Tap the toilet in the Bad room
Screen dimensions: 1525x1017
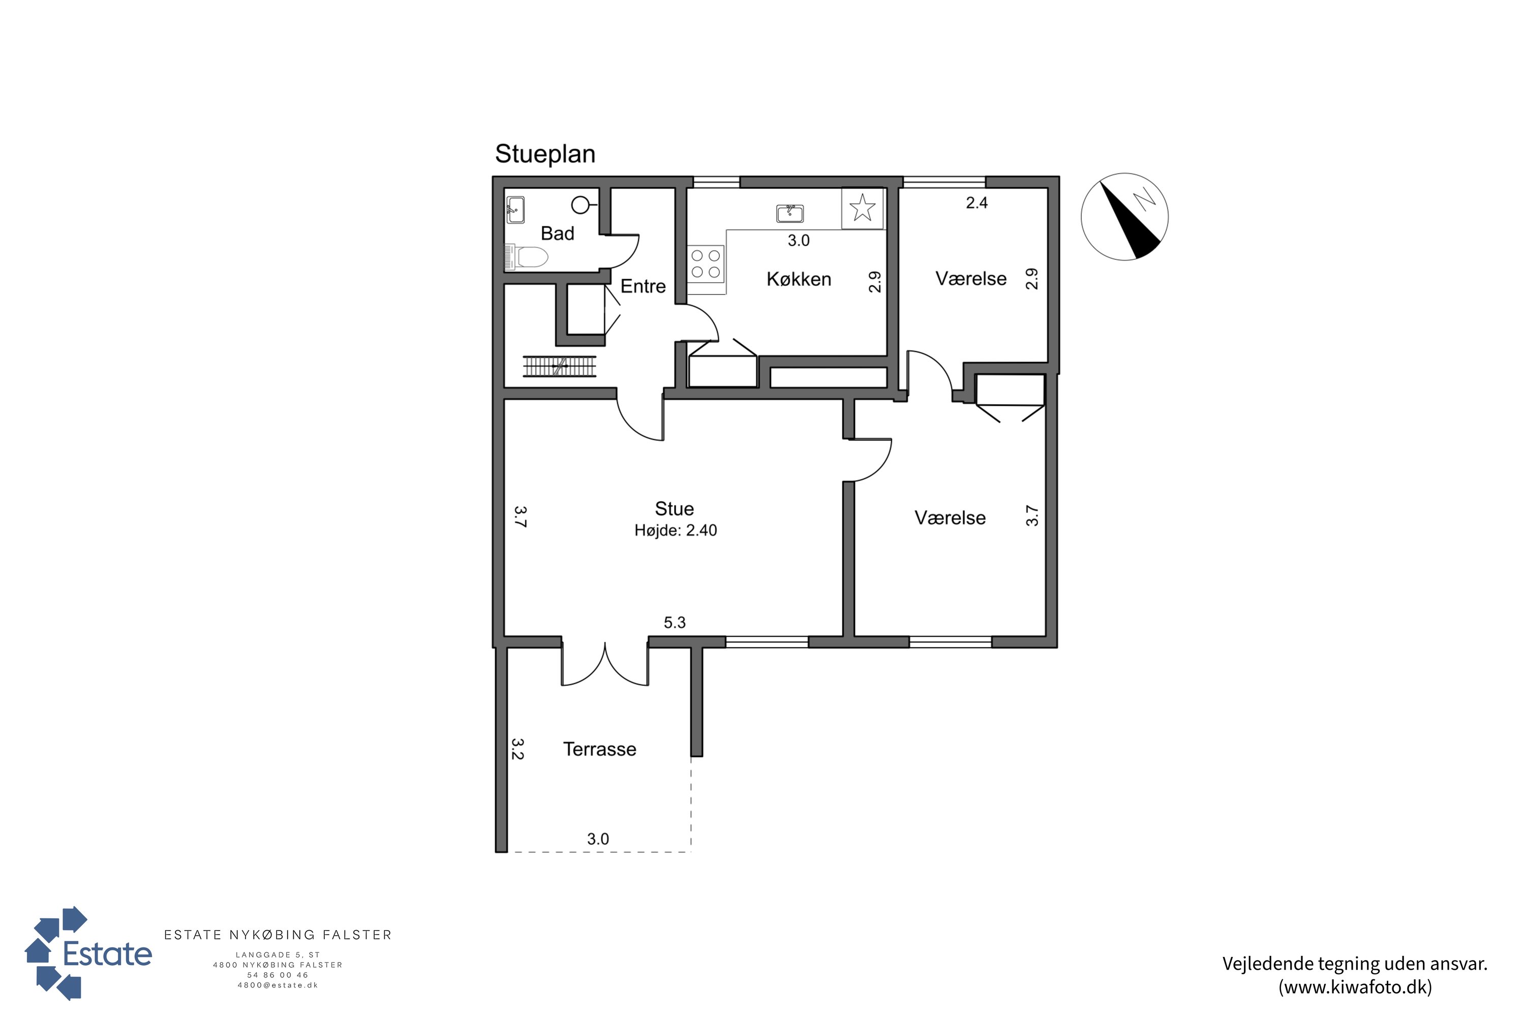coord(527,257)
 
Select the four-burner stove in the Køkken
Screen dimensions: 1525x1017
coord(706,263)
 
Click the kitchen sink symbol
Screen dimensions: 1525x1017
coord(790,213)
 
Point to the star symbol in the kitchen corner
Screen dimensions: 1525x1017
coord(862,208)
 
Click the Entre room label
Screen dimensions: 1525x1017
coord(643,286)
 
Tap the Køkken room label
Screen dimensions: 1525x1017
coord(799,279)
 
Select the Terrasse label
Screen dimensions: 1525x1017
coord(600,749)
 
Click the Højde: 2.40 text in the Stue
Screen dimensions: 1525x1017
coord(676,530)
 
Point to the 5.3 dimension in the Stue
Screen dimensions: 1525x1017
coord(675,622)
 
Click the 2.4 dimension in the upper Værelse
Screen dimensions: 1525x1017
coord(977,203)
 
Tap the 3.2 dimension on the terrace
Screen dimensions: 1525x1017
coord(517,749)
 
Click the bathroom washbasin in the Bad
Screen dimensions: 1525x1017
coord(515,210)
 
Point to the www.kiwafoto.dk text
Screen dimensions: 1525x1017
coord(1355,987)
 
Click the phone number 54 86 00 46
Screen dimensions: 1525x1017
coord(278,975)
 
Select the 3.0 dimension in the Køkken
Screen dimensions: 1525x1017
coord(798,241)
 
